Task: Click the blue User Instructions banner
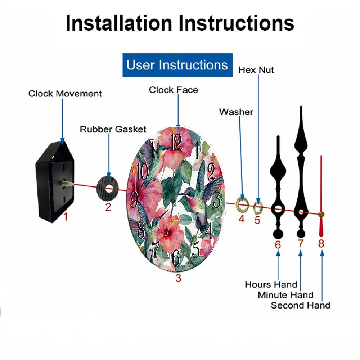tap(177, 65)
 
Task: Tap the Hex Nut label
tap(256, 70)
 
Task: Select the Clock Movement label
tap(65, 94)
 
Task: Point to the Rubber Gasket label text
tap(113, 129)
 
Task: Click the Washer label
tap(236, 112)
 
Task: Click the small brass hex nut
tap(258, 208)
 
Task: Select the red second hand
tap(321, 196)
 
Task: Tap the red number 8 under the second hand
tap(321, 244)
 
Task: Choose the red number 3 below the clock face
tap(179, 278)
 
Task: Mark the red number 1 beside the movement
tap(66, 217)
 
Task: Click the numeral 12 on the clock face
tap(176, 141)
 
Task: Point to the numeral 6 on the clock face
tap(176, 258)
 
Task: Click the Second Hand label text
tap(301, 306)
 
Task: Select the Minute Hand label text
tap(285, 295)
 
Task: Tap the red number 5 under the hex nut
tap(257, 220)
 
